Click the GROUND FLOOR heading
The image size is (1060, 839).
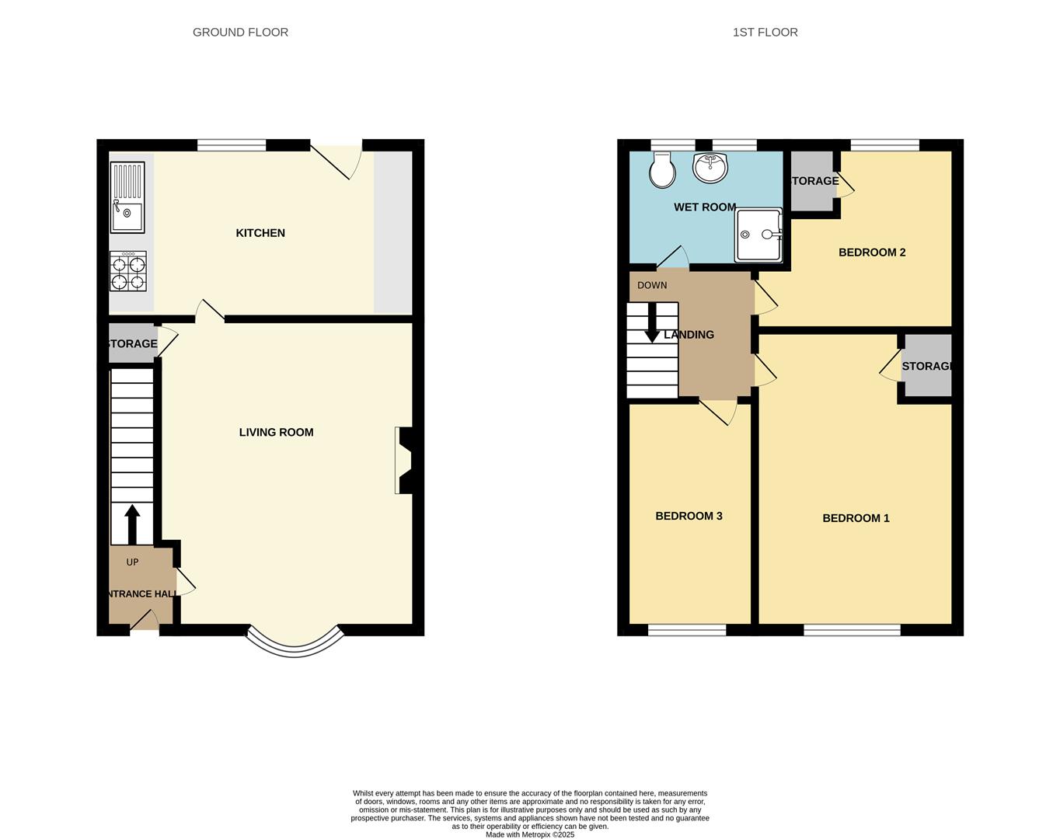[x=240, y=32]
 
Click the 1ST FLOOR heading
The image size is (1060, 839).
[x=765, y=32]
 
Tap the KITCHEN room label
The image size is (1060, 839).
[x=260, y=233]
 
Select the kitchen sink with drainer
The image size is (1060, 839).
[x=127, y=197]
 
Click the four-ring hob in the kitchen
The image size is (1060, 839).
[x=127, y=272]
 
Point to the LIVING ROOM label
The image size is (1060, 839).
[x=276, y=433]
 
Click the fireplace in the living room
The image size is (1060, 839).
[x=404, y=460]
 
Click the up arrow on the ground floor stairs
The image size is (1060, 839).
[x=132, y=524]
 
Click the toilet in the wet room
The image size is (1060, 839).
[x=662, y=170]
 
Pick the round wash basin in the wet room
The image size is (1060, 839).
[x=710, y=167]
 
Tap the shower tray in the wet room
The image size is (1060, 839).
[x=758, y=235]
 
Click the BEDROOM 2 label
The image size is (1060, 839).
[x=872, y=252]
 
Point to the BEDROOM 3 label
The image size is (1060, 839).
[x=689, y=516]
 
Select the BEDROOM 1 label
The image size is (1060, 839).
[x=856, y=518]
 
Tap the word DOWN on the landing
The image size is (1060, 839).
[x=652, y=285]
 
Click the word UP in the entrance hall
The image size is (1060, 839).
[x=132, y=562]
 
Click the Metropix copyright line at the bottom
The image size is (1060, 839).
[x=530, y=834]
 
